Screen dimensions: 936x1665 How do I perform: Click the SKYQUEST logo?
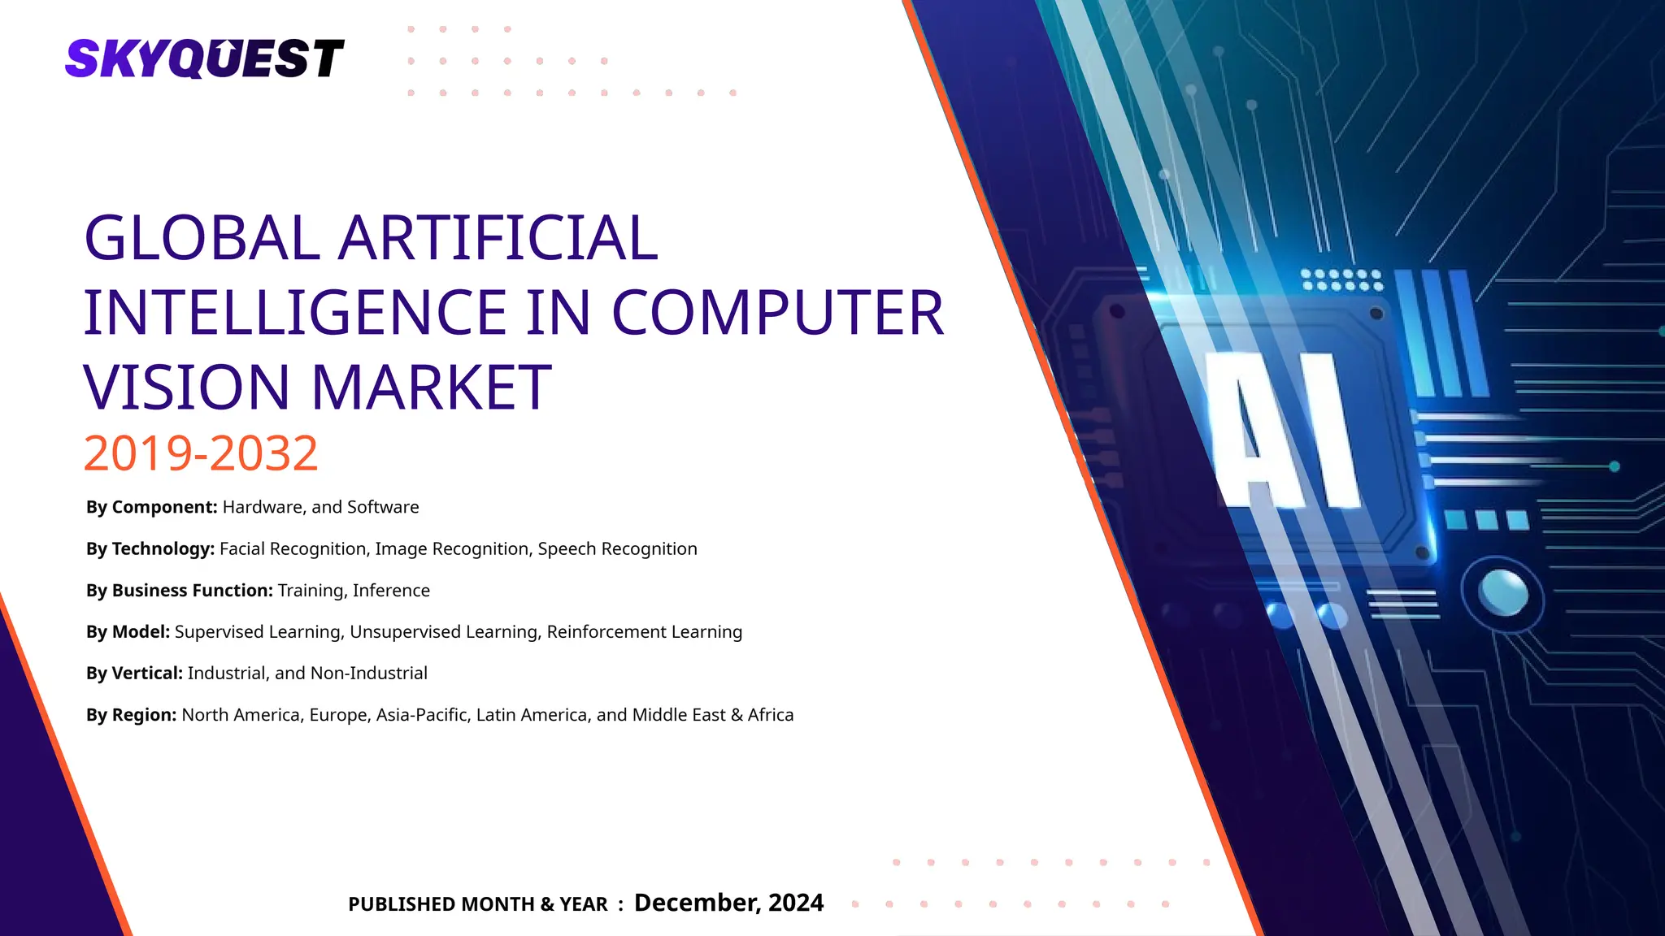[204, 58]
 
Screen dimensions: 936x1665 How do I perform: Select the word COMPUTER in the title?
[777, 313]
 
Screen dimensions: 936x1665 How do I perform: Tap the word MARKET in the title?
[431, 388]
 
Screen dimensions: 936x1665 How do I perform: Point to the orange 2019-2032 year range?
[201, 453]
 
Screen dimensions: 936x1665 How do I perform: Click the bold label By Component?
[151, 507]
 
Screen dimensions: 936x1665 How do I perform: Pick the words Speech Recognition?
[617, 549]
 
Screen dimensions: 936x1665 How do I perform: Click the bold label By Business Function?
[179, 591]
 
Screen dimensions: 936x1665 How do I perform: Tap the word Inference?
[391, 591]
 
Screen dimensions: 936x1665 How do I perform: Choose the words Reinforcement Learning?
[644, 632]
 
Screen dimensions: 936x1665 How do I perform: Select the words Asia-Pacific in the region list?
[421, 715]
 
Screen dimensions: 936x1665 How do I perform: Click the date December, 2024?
[728, 903]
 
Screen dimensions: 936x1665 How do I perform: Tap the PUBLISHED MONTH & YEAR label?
[477, 904]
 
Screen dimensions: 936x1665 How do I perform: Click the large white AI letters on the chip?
[1285, 431]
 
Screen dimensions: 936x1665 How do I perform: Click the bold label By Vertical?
[134, 674]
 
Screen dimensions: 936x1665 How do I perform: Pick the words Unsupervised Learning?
[445, 632]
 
